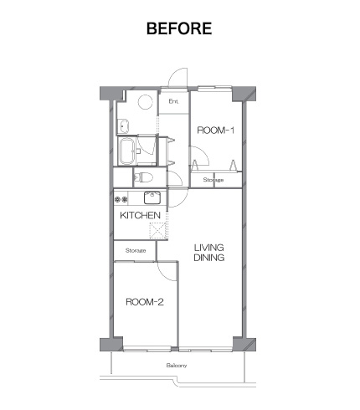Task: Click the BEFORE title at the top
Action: tap(179, 28)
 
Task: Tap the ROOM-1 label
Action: tap(215, 131)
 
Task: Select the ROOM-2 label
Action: tap(145, 302)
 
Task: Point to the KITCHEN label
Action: tap(140, 215)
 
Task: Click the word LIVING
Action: tap(209, 248)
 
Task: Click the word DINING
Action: tap(209, 258)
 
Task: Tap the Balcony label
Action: tap(177, 366)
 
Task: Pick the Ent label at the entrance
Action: tap(173, 101)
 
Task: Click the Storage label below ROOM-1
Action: tap(213, 180)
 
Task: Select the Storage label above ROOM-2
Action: tap(136, 250)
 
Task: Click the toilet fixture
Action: tap(144, 177)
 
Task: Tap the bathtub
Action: tap(127, 151)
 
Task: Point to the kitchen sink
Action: tap(152, 197)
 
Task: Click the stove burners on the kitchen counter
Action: tap(121, 199)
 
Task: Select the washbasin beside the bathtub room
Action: tap(123, 126)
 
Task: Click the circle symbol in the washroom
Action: tap(146, 102)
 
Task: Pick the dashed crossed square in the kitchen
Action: tap(157, 231)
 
